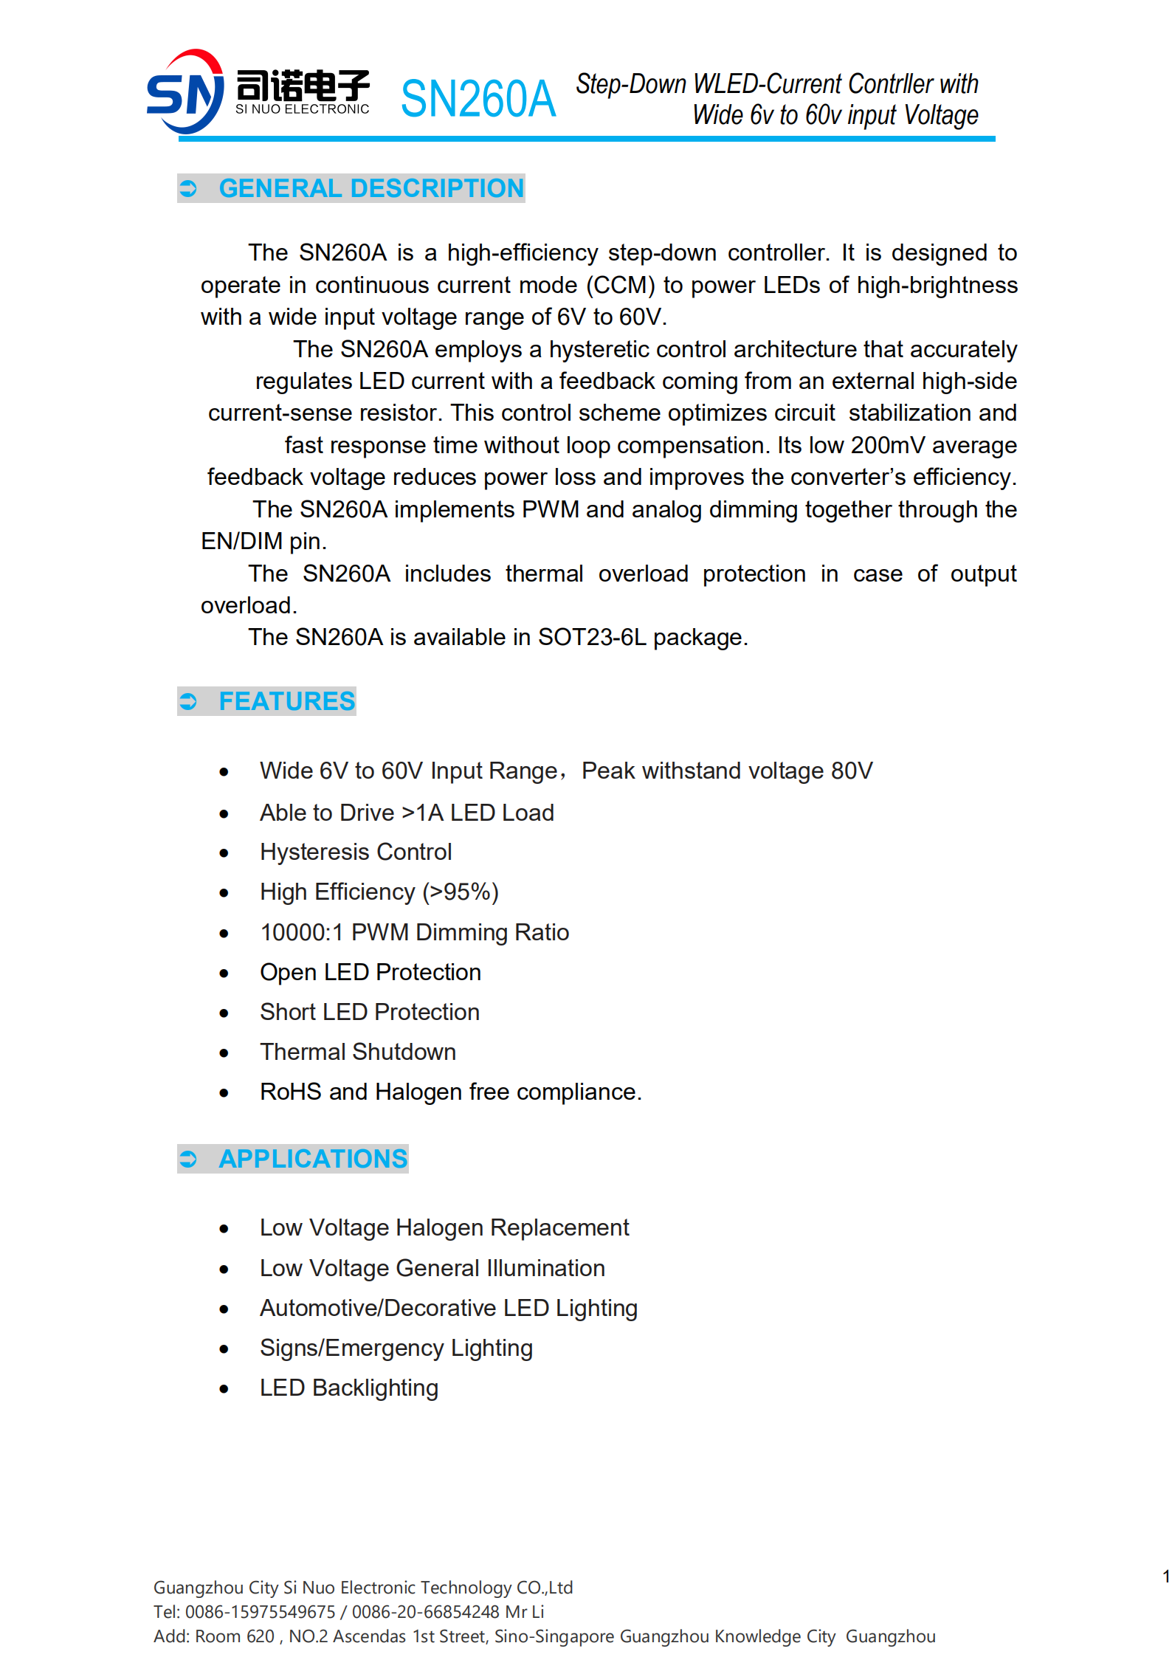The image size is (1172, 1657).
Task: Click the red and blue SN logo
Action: [185, 92]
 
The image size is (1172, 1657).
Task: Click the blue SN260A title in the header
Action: [478, 99]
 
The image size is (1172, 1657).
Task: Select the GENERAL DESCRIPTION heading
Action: [370, 188]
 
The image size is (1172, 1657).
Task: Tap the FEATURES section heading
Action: [286, 701]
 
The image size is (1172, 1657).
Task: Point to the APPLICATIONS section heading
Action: [312, 1159]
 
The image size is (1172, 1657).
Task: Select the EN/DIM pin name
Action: [241, 542]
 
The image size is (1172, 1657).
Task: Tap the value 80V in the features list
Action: [852, 771]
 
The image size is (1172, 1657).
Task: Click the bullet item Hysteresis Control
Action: [356, 852]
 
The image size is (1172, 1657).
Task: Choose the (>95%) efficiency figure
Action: [461, 892]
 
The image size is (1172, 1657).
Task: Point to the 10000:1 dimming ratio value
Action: [302, 933]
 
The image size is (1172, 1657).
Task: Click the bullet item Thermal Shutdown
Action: [358, 1053]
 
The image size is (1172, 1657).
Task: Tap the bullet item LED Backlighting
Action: [349, 1388]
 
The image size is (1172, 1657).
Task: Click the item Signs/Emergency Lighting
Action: [396, 1348]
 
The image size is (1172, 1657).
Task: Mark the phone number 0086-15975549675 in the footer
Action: [261, 1612]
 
